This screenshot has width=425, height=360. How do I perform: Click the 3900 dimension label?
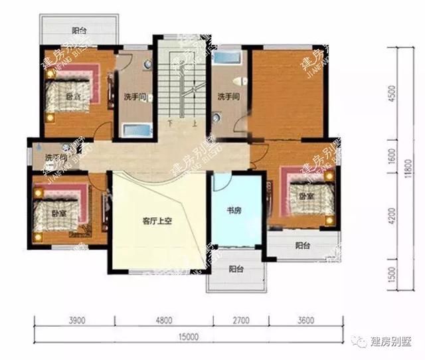tap(77, 320)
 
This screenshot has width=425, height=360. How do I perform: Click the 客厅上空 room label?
tap(157, 222)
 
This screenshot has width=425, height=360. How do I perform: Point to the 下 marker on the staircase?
tap(171, 122)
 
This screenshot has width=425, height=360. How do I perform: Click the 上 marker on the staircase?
tap(193, 122)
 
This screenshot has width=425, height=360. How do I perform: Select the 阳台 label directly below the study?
tap(235, 270)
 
